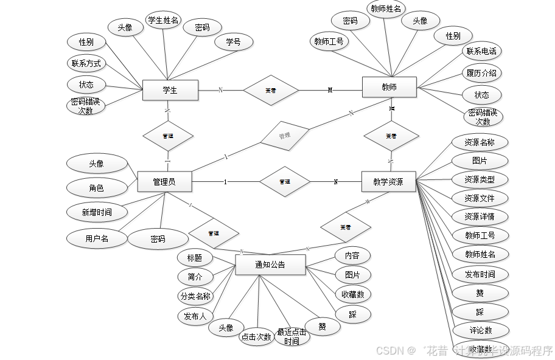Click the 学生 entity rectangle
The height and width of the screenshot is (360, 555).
[170, 90]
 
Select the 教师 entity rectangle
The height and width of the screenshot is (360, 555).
[389, 87]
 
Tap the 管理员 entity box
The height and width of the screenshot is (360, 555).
[164, 181]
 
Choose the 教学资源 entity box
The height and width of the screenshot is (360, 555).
[389, 181]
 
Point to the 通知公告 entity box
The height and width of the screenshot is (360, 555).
[270, 265]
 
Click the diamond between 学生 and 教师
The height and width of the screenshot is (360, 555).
[271, 90]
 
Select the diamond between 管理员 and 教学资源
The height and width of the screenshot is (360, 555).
[284, 181]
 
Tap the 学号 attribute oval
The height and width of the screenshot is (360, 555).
[233, 42]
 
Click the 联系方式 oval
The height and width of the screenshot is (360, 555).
[86, 63]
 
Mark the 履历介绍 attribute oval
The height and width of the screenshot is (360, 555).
[481, 74]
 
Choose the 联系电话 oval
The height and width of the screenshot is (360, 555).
[481, 52]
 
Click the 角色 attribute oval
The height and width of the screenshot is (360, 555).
[96, 189]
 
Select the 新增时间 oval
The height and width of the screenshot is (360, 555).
[97, 212]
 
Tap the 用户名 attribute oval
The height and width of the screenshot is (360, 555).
[97, 238]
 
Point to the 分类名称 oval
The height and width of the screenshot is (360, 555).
[195, 296]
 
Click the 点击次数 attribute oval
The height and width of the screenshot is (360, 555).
[256, 337]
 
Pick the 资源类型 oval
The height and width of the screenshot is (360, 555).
[480, 180]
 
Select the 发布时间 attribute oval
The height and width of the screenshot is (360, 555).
[480, 274]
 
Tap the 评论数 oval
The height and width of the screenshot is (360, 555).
[480, 330]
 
